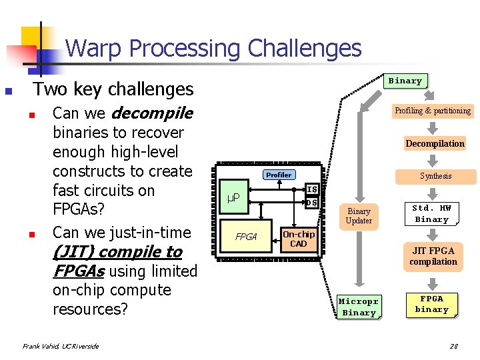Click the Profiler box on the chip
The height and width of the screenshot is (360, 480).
pos(279,175)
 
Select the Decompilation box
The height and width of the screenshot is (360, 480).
pos(435,143)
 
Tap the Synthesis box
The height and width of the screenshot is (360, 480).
pos(435,176)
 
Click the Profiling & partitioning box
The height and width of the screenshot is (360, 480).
pos(432,111)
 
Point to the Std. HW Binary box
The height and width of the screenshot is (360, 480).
pos(432,213)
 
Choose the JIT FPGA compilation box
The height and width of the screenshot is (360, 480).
pos(433,256)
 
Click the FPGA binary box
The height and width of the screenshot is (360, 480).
pos(432,304)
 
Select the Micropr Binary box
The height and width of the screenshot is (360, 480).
pos(359,307)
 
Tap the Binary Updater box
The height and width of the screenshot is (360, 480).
pos(359,215)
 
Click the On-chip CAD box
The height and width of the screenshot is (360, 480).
pos(298,239)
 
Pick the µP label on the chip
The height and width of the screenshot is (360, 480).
pos(233,198)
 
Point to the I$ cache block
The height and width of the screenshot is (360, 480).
pos(311,189)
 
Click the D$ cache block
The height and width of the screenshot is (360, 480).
pos(311,203)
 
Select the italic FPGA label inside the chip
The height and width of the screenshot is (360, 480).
pos(246,237)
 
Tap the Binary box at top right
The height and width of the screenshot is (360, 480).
pos(405,81)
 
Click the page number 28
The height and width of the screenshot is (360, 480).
pos(454,346)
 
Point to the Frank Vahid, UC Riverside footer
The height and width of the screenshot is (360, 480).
pos(61,346)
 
